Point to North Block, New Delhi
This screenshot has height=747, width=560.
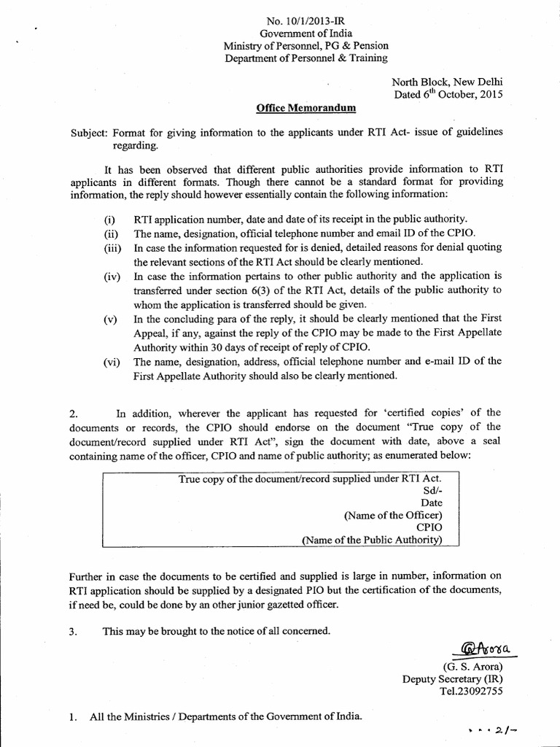point(447,82)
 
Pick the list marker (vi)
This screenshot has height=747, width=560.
point(111,362)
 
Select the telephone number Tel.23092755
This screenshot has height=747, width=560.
point(470,691)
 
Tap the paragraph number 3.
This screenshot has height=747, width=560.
point(73,632)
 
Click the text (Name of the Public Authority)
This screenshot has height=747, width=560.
point(372,541)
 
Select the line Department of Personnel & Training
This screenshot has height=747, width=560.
point(306,58)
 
